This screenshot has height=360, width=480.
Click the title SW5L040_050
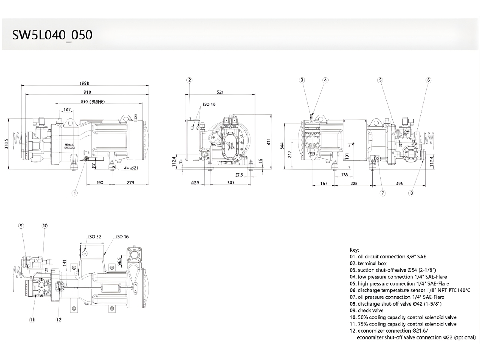pos(52,35)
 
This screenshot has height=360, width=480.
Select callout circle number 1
pos(75,193)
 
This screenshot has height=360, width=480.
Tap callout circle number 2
pos(190,80)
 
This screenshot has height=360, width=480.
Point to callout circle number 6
pos(428,80)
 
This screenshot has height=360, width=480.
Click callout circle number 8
pos(411,193)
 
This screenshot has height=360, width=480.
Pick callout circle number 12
pos(58,320)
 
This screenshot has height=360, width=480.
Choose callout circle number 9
pos(21,226)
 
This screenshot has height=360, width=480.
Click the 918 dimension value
pos(87,92)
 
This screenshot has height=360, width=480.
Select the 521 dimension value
pos(220,92)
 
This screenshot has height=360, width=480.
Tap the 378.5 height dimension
pos(6,144)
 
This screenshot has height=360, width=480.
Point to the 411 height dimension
pos(268,141)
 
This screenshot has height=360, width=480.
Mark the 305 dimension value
pos(231,183)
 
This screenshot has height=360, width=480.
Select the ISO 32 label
pos(95,237)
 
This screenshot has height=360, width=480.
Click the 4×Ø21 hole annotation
pos(132,168)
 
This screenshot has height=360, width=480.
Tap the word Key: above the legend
pos(354,250)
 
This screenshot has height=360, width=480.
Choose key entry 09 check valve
pos(366,310)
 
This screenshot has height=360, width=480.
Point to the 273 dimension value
pos(130,183)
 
